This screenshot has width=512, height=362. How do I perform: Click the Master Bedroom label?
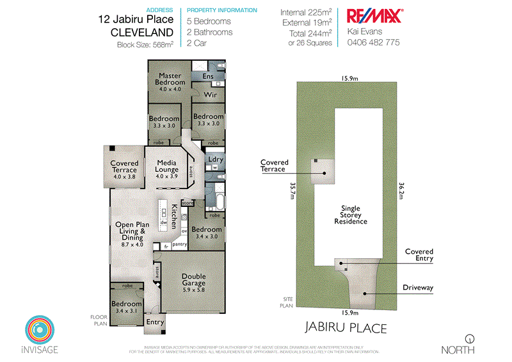170,78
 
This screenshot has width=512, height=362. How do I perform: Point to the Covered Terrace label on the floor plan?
124,167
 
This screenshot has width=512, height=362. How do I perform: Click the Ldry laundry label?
216,160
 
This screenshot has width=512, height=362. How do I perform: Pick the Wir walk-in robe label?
211,95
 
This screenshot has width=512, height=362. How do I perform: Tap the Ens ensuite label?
208,76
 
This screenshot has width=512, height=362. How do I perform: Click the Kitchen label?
174,217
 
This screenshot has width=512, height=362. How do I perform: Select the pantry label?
180,245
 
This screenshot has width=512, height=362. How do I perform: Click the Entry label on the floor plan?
156,322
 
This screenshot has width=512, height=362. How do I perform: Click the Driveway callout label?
417,288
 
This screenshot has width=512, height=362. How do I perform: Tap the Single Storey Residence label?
350,215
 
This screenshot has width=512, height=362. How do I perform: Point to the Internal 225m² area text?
306,12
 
